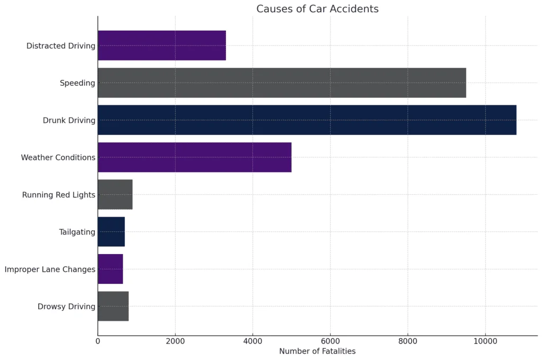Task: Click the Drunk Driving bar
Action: point(307,120)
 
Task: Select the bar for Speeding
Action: point(282,83)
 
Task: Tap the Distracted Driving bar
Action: point(162,46)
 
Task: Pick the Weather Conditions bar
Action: point(194,157)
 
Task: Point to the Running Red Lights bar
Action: point(115,194)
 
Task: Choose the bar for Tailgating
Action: point(111,231)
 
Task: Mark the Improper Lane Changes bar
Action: point(110,269)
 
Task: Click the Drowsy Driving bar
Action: point(113,306)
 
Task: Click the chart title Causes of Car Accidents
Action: point(318,9)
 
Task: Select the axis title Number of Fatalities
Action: point(318,351)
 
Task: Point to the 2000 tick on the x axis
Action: point(175,341)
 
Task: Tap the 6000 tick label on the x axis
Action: point(330,341)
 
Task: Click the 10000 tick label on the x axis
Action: point(485,341)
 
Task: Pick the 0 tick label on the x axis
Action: point(98,341)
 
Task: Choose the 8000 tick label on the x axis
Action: point(408,341)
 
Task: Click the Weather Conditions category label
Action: point(58,158)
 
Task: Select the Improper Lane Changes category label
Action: point(50,269)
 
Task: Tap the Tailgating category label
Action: point(77,232)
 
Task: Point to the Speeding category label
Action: point(77,83)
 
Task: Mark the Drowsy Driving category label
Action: point(67,307)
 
